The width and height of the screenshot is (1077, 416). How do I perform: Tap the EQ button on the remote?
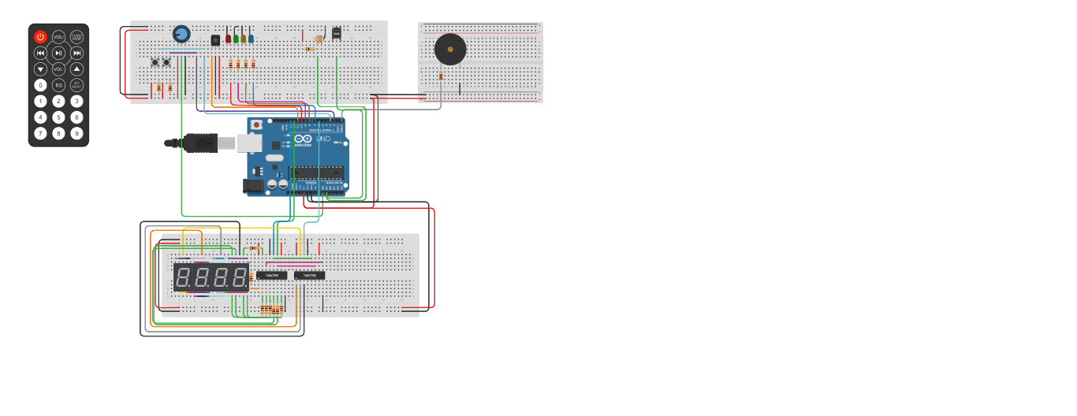tap(58, 85)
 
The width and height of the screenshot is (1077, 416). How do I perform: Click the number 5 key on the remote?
tap(58, 117)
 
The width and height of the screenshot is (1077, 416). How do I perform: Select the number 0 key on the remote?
tap(40, 85)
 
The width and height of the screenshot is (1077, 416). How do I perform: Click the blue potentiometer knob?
tap(181, 34)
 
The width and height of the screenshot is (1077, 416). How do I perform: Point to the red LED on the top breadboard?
tap(228, 38)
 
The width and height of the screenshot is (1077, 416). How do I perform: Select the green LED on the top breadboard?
tap(236, 38)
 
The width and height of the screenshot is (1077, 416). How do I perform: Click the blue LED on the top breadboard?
tap(251, 38)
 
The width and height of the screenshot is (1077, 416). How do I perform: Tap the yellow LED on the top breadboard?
tap(244, 38)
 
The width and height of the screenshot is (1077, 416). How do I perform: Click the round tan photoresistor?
tap(319, 39)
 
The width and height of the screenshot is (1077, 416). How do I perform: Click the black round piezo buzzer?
tap(450, 50)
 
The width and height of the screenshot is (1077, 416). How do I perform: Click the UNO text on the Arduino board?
tap(323, 139)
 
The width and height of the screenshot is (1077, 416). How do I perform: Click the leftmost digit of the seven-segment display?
tap(183, 277)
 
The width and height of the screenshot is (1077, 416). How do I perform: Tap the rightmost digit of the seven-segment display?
tap(239, 277)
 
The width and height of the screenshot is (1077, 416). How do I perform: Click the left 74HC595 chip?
tap(271, 276)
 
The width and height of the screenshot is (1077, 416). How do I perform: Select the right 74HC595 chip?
tap(309, 276)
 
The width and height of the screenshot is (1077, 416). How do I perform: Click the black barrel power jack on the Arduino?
tap(254, 186)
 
